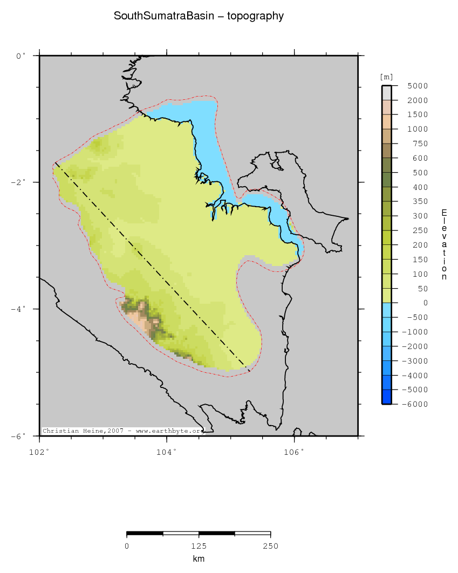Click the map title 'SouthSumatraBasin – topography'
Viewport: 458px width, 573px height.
199,16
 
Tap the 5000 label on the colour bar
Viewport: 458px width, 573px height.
418,86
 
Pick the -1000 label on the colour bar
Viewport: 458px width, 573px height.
416,332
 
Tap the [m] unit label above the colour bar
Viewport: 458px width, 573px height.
386,77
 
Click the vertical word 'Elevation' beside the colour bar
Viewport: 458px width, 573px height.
444,244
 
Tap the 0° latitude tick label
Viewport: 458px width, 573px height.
21,56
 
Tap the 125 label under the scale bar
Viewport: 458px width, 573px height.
199,546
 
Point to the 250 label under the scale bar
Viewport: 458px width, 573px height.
270,546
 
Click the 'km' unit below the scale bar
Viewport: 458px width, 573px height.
199,559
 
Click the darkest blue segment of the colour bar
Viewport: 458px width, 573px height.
386,397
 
